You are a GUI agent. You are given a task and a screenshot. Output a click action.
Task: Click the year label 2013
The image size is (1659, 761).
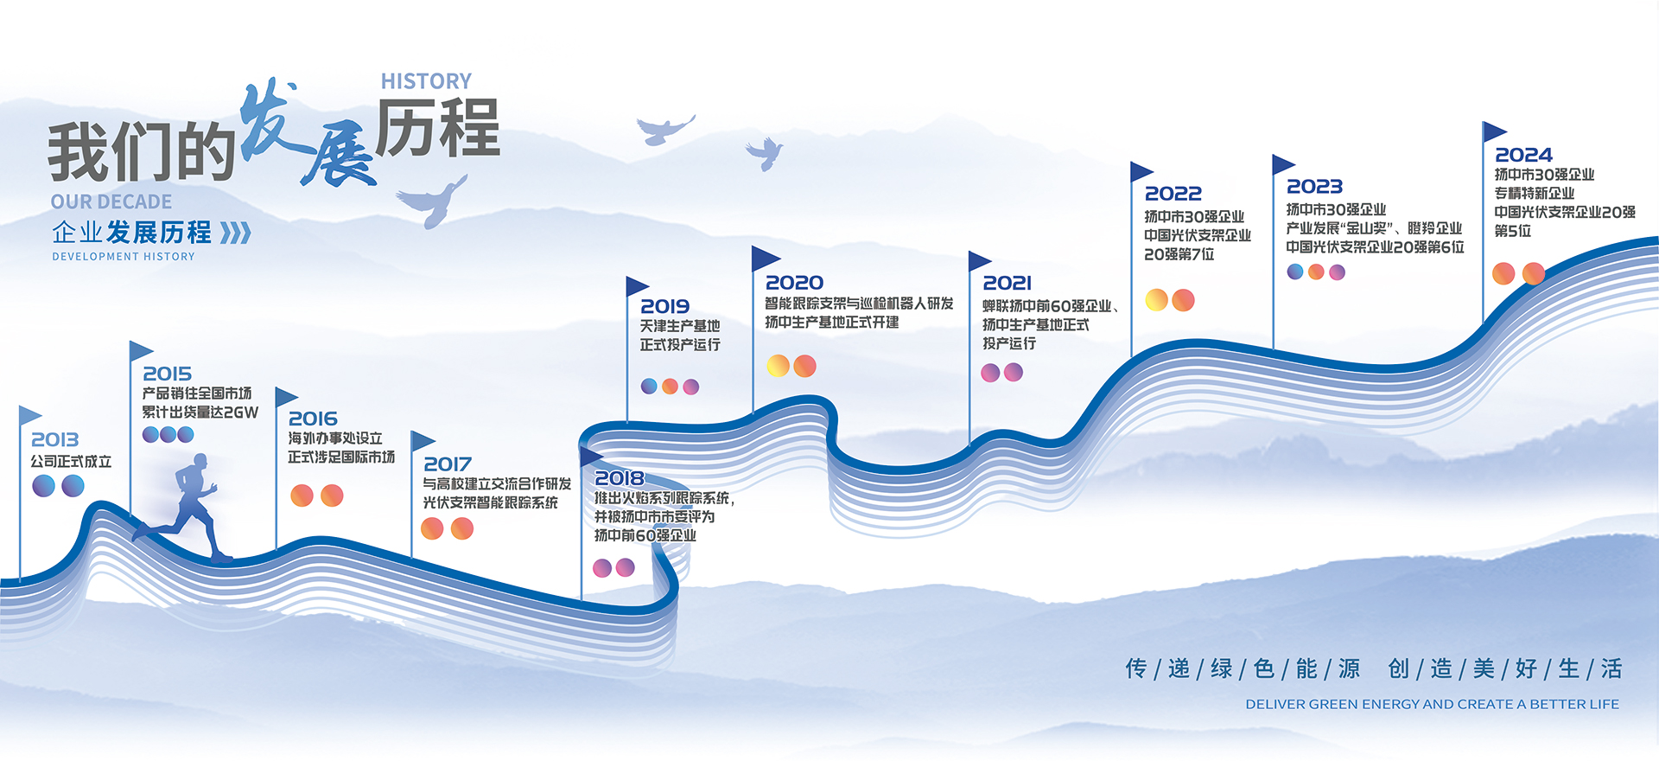[x=54, y=440]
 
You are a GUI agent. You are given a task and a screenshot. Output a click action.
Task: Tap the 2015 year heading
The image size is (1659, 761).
[x=167, y=374]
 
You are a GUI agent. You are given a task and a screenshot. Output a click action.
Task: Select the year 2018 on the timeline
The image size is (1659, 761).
[x=619, y=478]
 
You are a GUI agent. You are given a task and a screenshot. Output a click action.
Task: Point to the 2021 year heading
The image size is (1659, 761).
[x=1007, y=284]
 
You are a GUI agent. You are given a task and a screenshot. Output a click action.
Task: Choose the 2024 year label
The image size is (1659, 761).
[x=1523, y=156]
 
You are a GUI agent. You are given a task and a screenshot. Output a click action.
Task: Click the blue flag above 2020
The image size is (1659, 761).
[x=764, y=258]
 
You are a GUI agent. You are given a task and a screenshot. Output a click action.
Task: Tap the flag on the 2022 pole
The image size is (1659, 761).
[x=1141, y=171]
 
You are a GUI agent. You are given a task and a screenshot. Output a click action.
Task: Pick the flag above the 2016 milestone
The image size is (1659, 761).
[x=285, y=397]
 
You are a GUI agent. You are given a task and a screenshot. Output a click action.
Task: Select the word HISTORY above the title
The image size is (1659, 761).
[x=426, y=81]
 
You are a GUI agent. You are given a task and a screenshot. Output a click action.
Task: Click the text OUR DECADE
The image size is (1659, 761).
[x=111, y=202]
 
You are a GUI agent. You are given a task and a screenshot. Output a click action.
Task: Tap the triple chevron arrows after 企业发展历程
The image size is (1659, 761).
[x=235, y=233]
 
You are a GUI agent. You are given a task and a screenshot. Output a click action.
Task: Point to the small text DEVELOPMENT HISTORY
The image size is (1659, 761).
[x=124, y=257]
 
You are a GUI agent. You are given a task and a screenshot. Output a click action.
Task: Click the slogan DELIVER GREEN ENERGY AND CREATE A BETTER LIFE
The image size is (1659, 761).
[x=1432, y=705]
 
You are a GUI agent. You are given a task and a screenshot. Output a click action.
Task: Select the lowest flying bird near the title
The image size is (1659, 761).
[x=432, y=201]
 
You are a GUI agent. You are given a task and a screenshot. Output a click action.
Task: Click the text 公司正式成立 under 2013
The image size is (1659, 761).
[x=72, y=462]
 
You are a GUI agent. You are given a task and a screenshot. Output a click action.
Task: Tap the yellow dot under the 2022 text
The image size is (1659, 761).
[x=1156, y=300]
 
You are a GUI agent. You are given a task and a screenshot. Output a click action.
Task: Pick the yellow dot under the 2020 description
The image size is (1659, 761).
[x=778, y=366]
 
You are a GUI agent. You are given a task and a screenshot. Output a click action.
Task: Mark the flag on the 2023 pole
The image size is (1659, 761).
[x=1282, y=163]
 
